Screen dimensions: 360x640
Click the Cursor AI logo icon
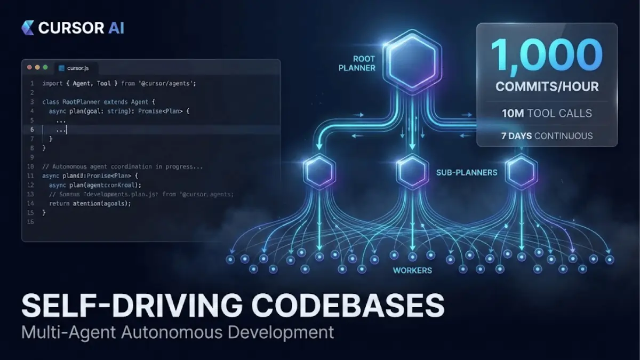pos(28,27)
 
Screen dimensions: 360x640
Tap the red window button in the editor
pos(30,68)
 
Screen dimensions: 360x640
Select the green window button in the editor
pos(45,68)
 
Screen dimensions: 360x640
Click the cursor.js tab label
pos(78,68)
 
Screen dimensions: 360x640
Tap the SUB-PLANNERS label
pos(467,172)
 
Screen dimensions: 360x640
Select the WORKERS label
pos(412,270)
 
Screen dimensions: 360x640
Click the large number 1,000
pos(547,55)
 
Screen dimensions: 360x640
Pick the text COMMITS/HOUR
pos(547,86)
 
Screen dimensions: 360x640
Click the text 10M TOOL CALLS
pos(547,113)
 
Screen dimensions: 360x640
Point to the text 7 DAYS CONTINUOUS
pos(547,135)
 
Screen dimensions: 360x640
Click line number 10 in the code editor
pos(30,166)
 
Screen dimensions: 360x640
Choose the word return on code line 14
pos(59,204)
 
